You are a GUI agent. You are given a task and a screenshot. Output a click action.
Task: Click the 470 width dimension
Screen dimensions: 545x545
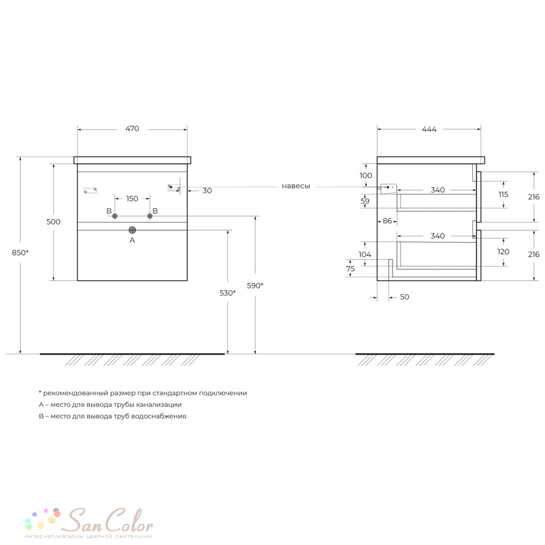[x=132, y=129]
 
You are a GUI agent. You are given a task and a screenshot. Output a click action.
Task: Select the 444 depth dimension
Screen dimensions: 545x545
[x=429, y=129]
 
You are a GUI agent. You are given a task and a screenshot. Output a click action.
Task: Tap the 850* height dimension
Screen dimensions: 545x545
[x=20, y=253]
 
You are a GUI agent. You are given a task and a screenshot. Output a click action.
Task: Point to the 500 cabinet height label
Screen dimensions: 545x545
[x=53, y=222]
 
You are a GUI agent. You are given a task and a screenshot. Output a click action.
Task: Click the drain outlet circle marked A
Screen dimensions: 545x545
[x=132, y=230]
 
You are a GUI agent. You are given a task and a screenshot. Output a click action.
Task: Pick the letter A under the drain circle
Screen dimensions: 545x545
[x=132, y=240]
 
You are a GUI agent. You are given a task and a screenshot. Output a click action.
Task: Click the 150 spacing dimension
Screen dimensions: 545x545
[x=132, y=198]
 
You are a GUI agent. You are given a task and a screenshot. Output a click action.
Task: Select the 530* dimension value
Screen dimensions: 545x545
[x=228, y=293]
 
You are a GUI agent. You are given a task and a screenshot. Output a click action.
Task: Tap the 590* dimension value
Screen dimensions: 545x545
[x=255, y=286]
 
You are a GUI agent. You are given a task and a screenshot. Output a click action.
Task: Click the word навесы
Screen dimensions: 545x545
[x=296, y=186]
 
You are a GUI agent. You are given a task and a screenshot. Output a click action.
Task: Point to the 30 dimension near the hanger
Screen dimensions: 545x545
[x=207, y=190]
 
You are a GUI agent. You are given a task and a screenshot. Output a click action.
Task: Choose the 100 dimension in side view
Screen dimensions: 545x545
[x=366, y=175]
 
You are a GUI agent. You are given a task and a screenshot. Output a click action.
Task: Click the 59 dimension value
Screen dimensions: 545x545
[x=365, y=201]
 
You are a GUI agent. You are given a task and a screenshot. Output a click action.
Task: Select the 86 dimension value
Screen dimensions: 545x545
[x=387, y=221]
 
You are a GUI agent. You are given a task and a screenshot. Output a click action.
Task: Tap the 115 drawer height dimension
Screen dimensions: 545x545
[x=503, y=195]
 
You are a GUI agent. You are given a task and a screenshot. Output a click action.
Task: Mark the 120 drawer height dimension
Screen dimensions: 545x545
[x=503, y=252]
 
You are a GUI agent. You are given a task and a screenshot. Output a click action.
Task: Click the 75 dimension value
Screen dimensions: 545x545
[x=350, y=269]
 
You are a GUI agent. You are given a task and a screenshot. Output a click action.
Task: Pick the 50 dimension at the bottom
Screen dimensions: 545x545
[x=404, y=297]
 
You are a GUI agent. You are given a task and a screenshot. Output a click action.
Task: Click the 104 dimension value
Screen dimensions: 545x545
[x=365, y=255]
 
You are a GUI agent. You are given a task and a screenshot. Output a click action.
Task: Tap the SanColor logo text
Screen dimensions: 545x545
[x=110, y=520]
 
